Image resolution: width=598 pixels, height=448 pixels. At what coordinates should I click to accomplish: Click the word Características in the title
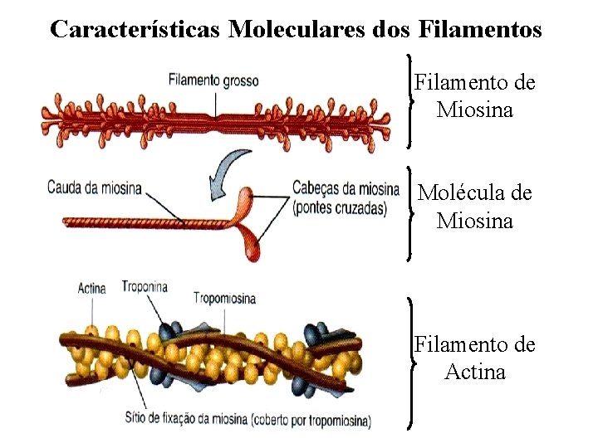(x=136, y=30)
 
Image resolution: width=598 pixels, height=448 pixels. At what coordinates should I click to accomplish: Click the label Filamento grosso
(x=213, y=80)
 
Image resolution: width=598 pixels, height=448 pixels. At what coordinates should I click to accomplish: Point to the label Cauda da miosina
(x=94, y=187)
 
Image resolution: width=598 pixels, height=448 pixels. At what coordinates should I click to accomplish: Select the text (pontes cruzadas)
(x=340, y=208)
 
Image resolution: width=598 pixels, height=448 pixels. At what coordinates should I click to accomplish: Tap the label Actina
(x=91, y=289)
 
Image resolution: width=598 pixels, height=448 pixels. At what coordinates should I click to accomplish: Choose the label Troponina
(x=145, y=287)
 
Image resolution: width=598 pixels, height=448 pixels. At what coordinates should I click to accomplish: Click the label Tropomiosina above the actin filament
(x=224, y=298)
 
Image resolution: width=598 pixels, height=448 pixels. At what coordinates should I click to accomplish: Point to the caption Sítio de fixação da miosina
(x=248, y=421)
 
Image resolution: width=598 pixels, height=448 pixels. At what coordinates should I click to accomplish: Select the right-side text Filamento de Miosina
(x=475, y=96)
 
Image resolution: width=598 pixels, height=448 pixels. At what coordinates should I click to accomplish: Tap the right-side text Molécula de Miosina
(x=475, y=207)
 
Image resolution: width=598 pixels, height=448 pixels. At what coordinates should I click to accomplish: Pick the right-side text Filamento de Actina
(x=475, y=358)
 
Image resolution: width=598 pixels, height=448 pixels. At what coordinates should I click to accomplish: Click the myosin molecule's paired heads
(x=250, y=220)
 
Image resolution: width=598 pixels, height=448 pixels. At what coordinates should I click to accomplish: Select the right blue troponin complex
(x=321, y=334)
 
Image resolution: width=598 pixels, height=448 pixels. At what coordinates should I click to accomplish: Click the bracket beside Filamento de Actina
(x=411, y=363)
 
